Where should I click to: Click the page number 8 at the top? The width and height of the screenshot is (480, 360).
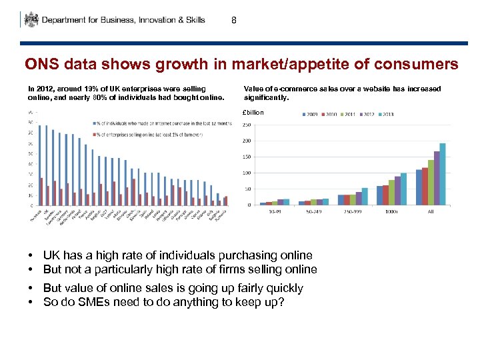(x=233, y=20)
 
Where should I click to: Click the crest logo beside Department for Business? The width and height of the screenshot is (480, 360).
(x=31, y=19)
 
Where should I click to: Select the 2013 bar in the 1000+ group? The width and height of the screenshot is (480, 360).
(x=403, y=189)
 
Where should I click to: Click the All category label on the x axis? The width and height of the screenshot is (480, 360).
(x=431, y=211)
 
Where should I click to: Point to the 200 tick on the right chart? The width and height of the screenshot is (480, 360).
(x=245, y=141)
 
